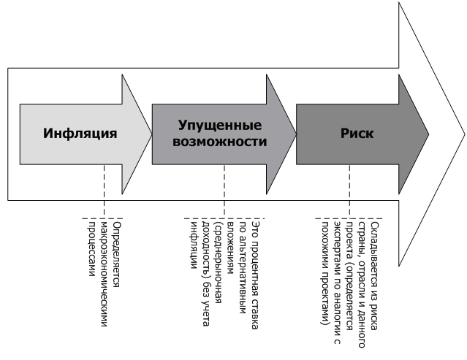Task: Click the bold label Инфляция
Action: point(80,134)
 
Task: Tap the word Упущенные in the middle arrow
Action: point(220,126)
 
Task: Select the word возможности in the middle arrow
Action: point(220,142)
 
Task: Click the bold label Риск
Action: point(357,134)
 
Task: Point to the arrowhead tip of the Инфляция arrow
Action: point(152,134)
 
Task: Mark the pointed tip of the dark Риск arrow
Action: point(428,134)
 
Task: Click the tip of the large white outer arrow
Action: point(464,134)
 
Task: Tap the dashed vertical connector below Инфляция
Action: point(105,191)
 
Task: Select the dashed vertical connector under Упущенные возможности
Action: point(224,191)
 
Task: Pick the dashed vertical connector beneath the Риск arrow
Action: point(349,191)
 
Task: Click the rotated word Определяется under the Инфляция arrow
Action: point(118,254)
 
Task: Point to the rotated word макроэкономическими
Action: point(105,274)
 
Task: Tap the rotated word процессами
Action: point(92,249)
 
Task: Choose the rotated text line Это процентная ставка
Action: point(255,275)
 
